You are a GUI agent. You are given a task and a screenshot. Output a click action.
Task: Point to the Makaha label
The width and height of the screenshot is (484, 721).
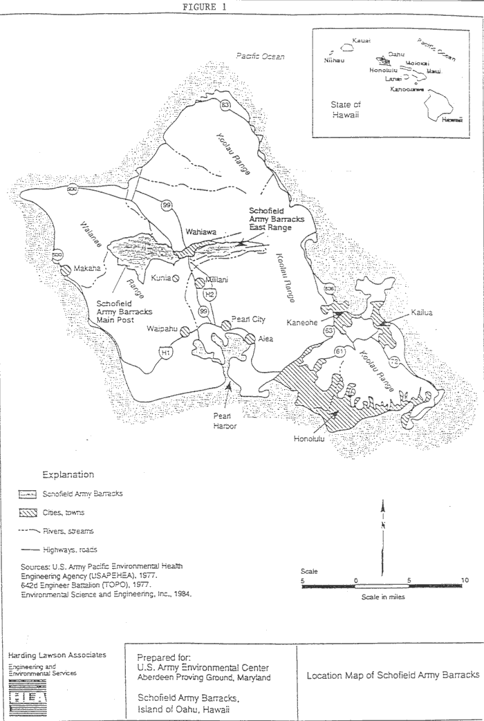click(86, 268)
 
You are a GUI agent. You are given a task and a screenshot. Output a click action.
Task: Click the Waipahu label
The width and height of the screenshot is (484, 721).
click(163, 330)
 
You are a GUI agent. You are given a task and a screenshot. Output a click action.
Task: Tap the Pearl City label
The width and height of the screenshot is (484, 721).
click(250, 320)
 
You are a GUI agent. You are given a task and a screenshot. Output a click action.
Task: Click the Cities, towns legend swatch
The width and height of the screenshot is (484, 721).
click(28, 512)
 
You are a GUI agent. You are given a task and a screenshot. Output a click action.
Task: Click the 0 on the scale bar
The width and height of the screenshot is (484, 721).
click(355, 581)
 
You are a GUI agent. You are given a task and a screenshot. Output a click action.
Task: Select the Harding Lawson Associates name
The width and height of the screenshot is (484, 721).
click(57, 655)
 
